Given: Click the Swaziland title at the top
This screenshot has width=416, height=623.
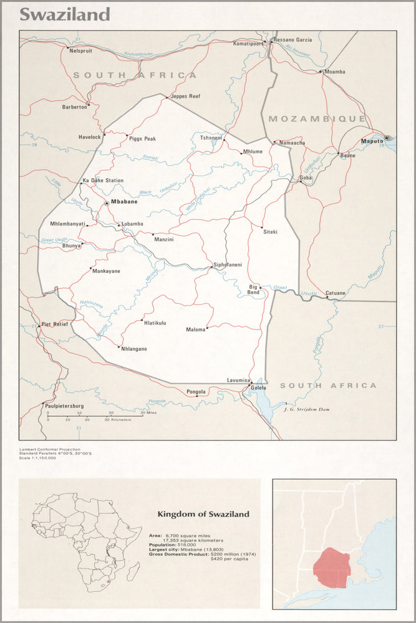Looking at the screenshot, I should click(x=65, y=14).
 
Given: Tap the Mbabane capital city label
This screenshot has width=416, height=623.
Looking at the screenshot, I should click(x=124, y=202).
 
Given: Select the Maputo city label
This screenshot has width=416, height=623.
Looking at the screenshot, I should click(x=372, y=141).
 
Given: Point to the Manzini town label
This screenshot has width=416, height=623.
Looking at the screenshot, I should click(x=163, y=239).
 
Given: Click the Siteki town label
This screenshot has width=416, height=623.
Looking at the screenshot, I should click(x=269, y=232).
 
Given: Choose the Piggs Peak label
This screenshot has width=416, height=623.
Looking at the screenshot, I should click(x=142, y=139).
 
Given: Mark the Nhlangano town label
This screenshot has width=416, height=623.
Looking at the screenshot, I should click(x=134, y=349).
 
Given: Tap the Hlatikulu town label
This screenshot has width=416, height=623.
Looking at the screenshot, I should click(x=155, y=323).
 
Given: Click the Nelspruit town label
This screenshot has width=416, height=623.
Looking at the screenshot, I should click(x=80, y=50).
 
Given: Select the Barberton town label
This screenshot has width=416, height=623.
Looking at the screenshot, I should click(x=74, y=107).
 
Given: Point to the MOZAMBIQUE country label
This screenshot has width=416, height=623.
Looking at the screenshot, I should click(x=316, y=118).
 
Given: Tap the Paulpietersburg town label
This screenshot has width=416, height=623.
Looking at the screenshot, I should click(x=64, y=406).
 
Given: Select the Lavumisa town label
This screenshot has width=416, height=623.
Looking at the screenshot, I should click(x=238, y=380).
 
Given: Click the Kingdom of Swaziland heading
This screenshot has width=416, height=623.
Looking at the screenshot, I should click(x=203, y=514).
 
